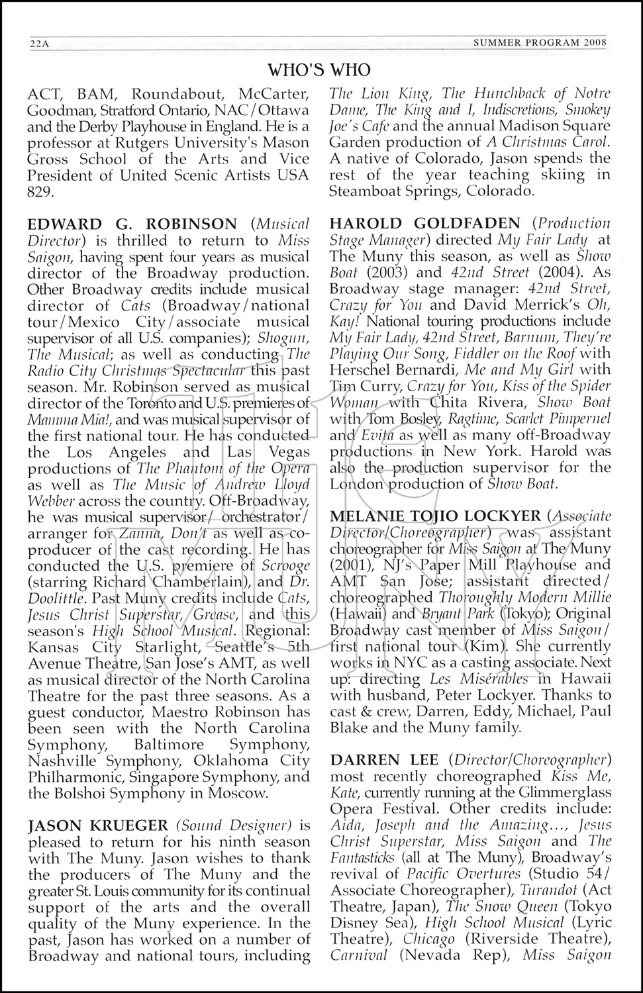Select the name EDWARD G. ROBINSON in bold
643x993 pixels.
point(132,224)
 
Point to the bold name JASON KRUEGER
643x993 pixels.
point(97,826)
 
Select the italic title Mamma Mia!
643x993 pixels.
point(64,420)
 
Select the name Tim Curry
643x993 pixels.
point(362,387)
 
